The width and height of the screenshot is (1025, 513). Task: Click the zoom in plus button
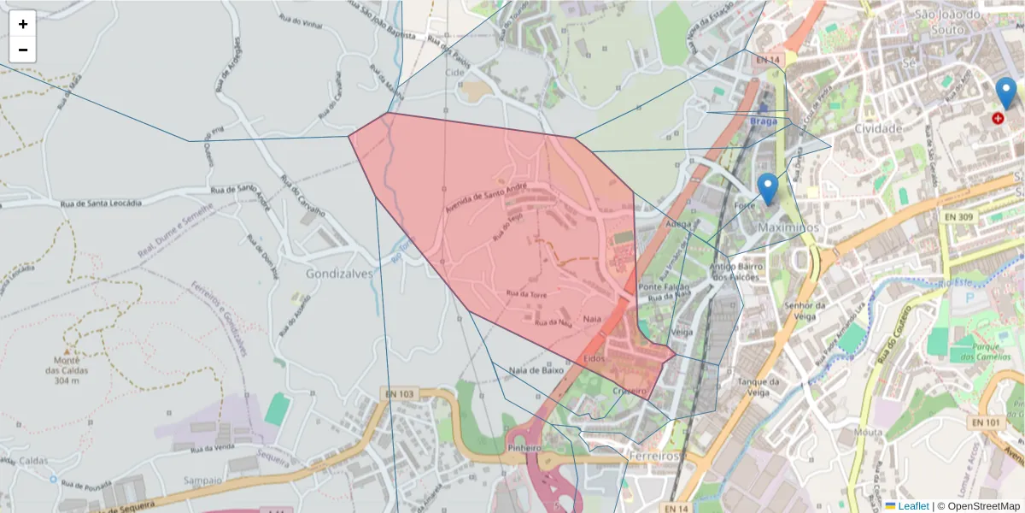[23, 24]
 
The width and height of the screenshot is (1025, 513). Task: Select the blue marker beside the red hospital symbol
[1006, 92]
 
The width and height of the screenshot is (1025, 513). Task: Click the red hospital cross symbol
[998, 118]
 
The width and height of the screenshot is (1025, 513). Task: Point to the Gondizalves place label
[339, 274]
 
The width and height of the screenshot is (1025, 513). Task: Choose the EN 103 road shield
[399, 394]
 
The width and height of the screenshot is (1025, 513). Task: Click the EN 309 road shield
[957, 217]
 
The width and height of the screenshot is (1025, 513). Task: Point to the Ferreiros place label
[653, 457]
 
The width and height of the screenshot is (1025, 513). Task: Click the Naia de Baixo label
[536, 371]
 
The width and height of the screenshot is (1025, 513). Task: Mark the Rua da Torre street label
[526, 294]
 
